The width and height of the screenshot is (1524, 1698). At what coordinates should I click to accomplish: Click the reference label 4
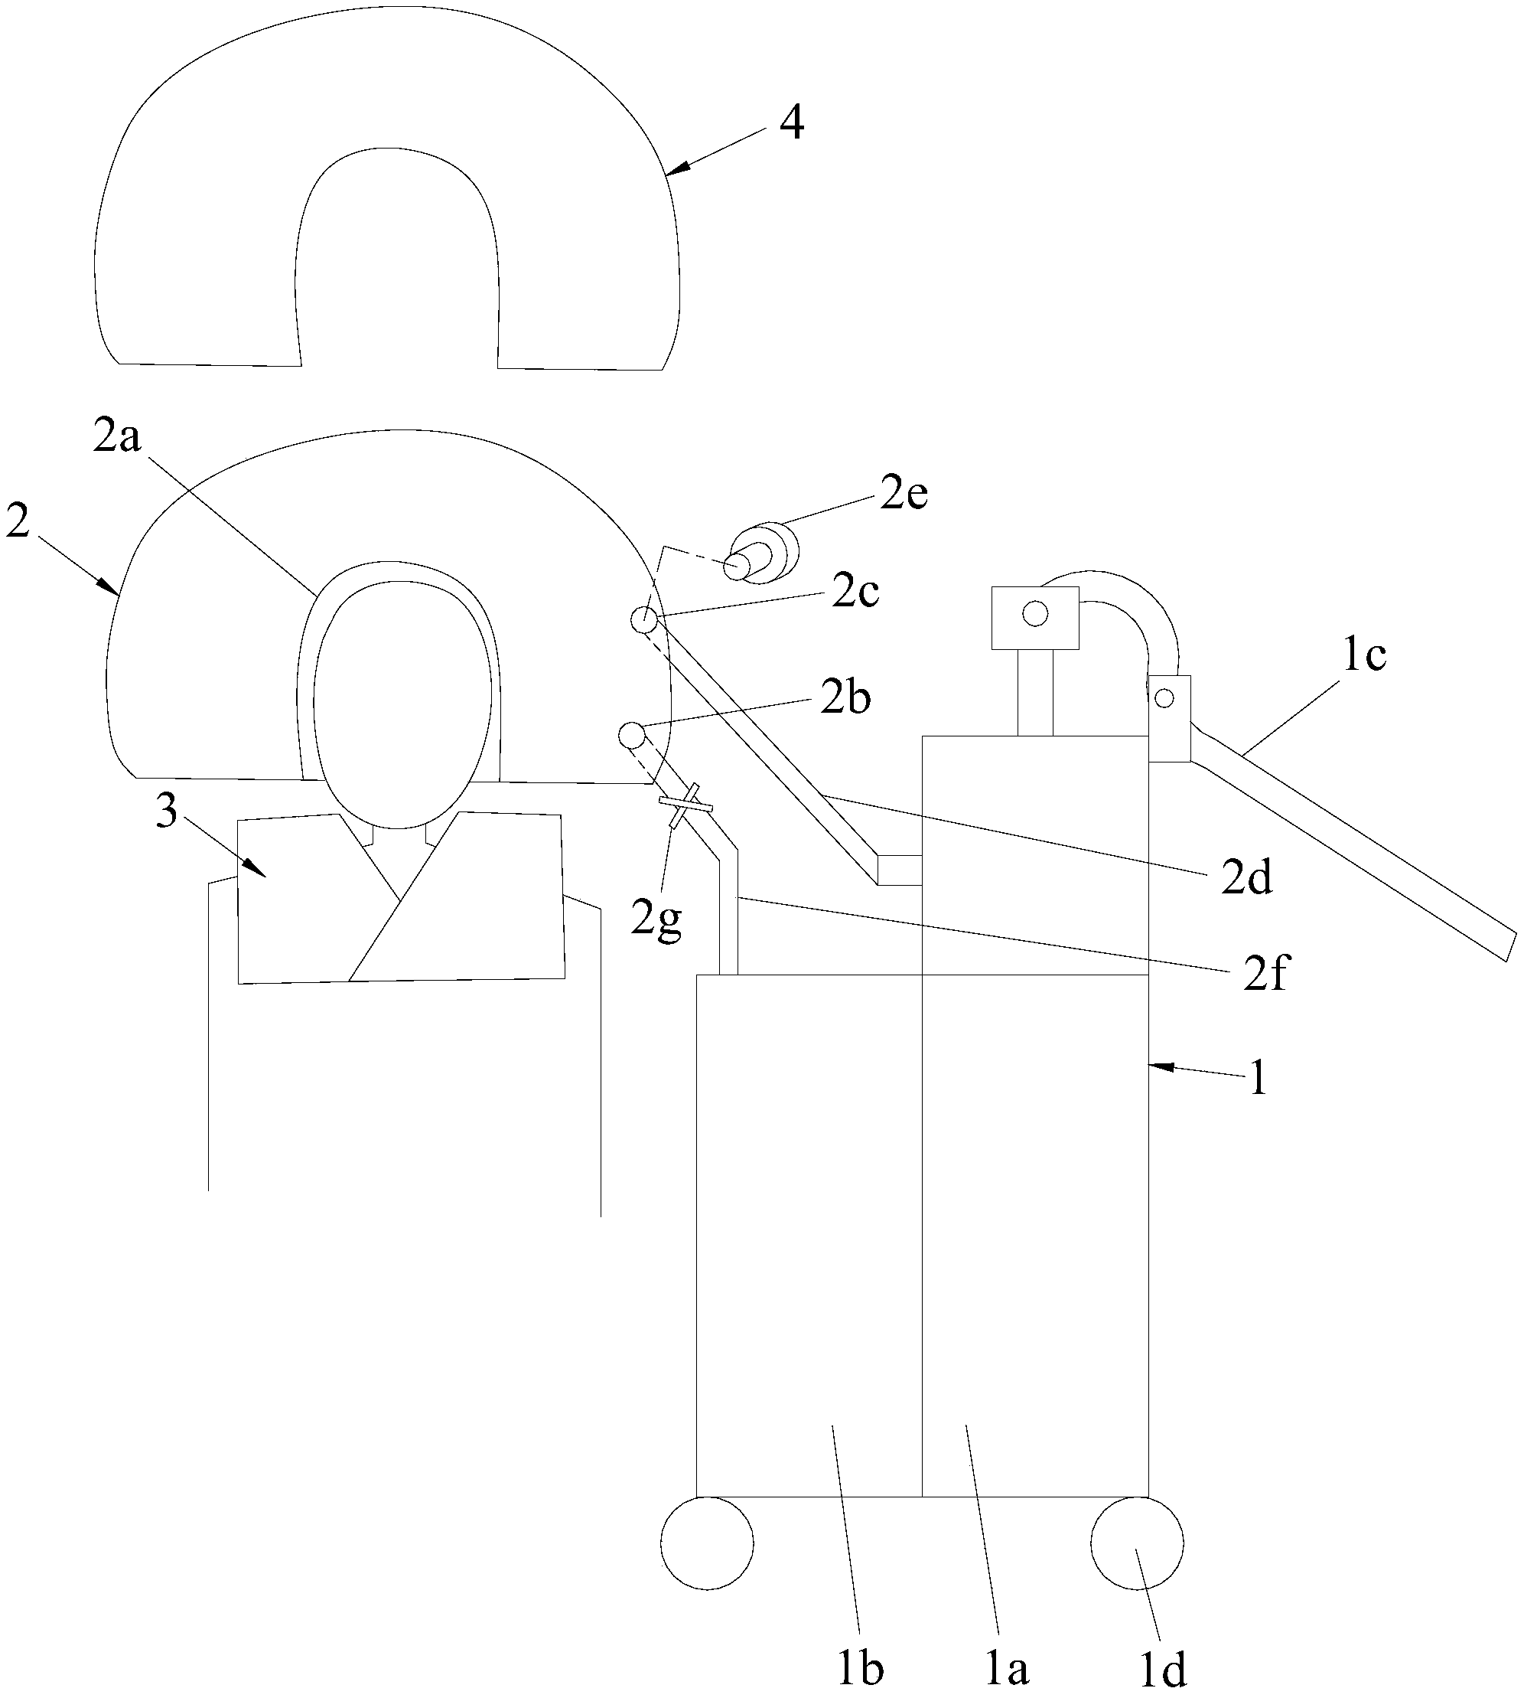click(791, 123)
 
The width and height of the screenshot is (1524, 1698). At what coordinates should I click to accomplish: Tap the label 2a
click(116, 436)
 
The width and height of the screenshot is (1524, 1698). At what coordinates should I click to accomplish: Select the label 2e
click(904, 495)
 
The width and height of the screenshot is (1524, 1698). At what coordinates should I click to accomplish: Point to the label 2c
click(855, 593)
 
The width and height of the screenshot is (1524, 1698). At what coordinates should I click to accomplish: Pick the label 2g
click(656, 922)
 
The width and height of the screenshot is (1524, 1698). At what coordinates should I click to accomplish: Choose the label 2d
click(1247, 878)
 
